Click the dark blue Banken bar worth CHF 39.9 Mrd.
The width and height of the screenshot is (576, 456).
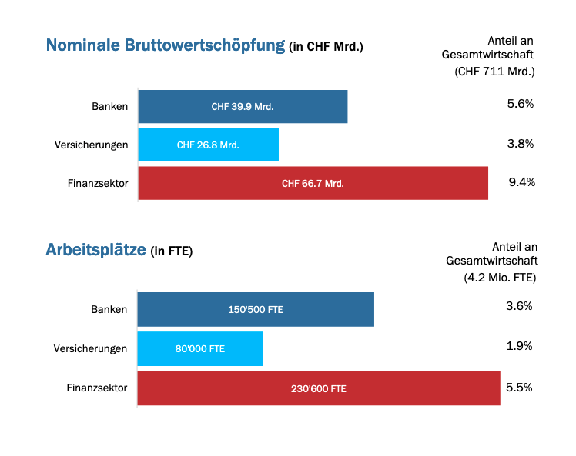[x=243, y=107]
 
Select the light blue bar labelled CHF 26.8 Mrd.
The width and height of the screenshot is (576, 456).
[x=208, y=145]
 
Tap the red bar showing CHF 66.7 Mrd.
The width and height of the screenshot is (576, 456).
[x=313, y=183]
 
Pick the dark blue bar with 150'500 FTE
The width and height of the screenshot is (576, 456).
[x=256, y=309]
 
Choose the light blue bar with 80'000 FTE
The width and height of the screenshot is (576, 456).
[x=200, y=348]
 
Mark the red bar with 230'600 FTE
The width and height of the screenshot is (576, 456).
[x=318, y=388]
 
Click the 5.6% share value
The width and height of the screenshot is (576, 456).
[x=521, y=104]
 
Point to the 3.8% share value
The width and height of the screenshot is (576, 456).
[x=521, y=143]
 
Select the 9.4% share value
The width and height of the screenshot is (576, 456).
[x=521, y=182]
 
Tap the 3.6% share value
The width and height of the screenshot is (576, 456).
[x=519, y=306]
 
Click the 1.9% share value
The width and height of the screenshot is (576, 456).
[x=519, y=346]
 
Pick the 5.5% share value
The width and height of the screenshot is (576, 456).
[x=519, y=388]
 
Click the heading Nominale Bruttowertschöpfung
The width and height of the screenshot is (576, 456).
[x=166, y=45]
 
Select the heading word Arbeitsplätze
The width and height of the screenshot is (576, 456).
[x=95, y=250]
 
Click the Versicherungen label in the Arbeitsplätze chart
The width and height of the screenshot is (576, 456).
[x=90, y=348]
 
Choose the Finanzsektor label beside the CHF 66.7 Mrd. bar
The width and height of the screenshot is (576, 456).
[x=97, y=183]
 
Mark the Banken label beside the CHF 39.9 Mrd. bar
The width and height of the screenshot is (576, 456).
[x=109, y=106]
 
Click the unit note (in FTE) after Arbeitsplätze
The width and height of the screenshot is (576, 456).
[x=171, y=251]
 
